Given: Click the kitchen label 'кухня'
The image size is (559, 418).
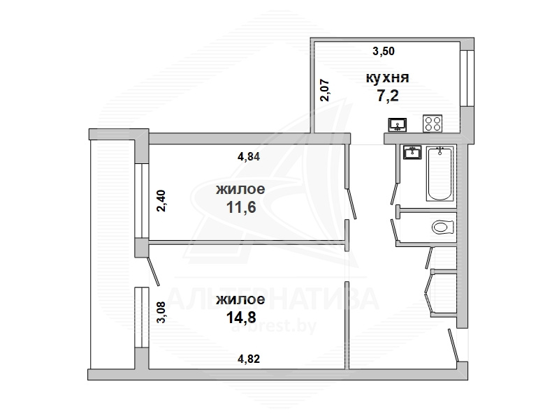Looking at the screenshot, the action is click(387, 77).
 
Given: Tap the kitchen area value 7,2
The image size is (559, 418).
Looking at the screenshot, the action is click(388, 96).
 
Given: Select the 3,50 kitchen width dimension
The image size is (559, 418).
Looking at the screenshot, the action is click(384, 51).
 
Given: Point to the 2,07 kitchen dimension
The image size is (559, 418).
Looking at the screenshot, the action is click(326, 91).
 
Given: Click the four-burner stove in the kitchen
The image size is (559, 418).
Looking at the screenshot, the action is click(433, 124).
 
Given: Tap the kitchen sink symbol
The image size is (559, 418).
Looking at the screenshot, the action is click(398, 125).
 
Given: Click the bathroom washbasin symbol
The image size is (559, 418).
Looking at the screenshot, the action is click(412, 152).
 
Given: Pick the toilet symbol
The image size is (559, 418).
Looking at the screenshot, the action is click(443, 227).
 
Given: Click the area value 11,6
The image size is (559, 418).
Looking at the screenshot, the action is click(241, 207).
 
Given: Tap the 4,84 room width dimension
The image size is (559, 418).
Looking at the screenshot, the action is click(249, 156).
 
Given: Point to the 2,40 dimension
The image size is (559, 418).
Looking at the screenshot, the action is click(161, 201).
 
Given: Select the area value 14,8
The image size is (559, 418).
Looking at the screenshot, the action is click(241, 317).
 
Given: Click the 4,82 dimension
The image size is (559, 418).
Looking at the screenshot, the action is click(249, 359).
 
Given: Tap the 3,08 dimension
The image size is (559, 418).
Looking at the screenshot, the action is click(161, 311).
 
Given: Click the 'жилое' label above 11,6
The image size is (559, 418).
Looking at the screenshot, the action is click(240, 189).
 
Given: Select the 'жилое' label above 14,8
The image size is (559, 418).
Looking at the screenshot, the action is click(240, 299).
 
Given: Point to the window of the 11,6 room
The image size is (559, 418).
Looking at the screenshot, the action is click(142, 201).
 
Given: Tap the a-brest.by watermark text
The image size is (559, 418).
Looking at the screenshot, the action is click(274, 326).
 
